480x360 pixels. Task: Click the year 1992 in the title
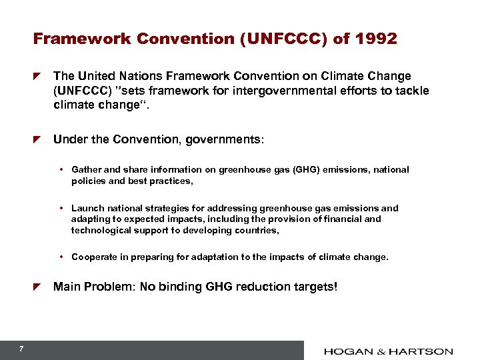377,39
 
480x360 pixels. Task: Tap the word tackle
413,91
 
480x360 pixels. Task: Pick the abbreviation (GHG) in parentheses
304,170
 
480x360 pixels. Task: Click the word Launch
86,208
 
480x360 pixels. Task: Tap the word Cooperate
93,257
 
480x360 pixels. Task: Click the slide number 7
22,349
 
